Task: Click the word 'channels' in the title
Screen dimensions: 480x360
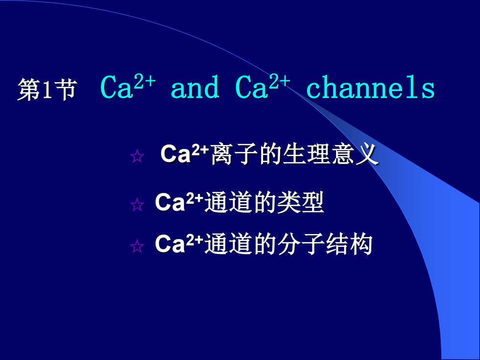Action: [370, 87]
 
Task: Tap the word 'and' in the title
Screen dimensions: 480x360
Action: [195, 87]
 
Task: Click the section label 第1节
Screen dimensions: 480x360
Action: [47, 90]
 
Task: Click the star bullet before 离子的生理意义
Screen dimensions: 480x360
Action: [137, 156]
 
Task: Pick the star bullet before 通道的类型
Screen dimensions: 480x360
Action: [137, 205]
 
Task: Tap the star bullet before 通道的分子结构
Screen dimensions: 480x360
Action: [137, 246]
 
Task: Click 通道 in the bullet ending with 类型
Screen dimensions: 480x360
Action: [228, 202]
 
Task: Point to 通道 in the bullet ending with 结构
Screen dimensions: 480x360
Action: [228, 244]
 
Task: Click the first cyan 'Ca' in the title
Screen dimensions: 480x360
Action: [117, 87]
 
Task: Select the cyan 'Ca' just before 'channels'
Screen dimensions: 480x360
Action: [252, 87]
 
